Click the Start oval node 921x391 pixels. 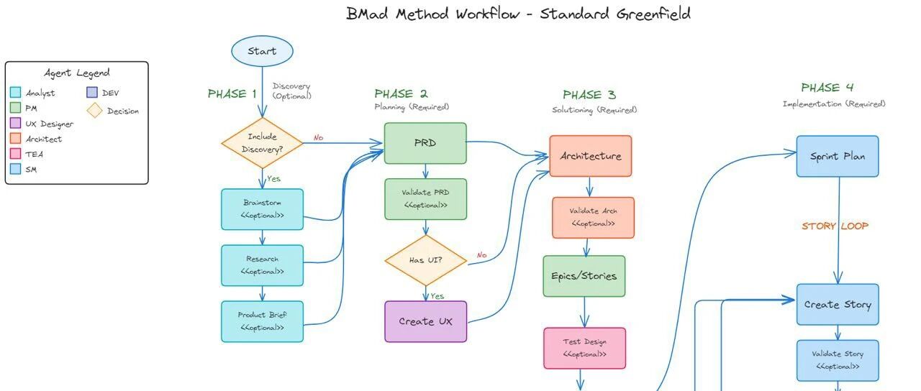coord(263,51)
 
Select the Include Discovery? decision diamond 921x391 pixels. coord(262,143)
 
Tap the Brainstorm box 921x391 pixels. coord(262,209)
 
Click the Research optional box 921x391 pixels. coord(262,265)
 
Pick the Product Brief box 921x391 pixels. coord(262,321)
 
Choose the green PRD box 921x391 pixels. coord(425,143)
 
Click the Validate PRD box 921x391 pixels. coord(425,198)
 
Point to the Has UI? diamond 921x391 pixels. coord(426,260)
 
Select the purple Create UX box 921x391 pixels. coord(426,321)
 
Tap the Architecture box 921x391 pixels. coord(591,156)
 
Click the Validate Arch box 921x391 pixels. coord(593,217)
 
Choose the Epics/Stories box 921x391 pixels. coord(584,276)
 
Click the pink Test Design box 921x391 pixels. coord(584,348)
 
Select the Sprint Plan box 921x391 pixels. coord(838,156)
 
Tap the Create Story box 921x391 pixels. coord(838,304)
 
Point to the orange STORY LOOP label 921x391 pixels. coord(835,226)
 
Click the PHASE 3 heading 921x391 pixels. coord(589,95)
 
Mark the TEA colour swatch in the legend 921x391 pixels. coord(16,154)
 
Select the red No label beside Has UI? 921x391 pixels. coord(481,255)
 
